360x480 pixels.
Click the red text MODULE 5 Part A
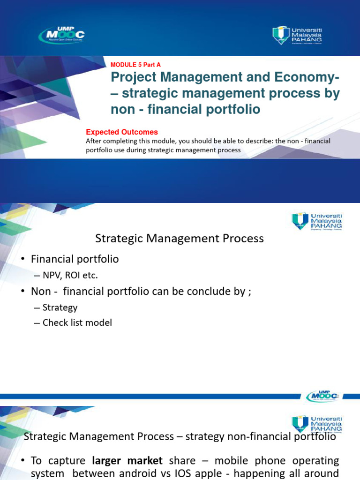tap(135, 65)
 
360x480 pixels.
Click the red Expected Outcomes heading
tap(122, 132)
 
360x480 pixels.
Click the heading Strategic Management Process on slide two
tap(180, 239)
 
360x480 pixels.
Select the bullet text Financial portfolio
tap(75, 259)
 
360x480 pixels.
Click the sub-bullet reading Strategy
tap(60, 307)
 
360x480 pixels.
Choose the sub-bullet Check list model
tap(77, 322)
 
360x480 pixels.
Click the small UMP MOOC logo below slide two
tap(322, 396)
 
